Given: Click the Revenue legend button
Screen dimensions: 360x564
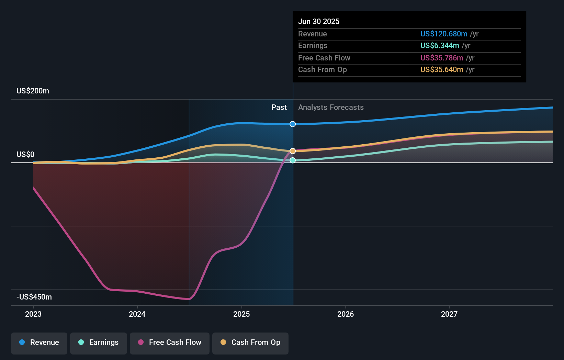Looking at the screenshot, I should click(39, 342).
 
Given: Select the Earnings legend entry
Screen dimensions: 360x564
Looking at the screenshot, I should click(99, 342).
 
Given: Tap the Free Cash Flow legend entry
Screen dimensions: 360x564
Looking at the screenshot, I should click(170, 342).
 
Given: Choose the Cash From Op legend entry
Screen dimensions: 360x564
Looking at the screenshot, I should click(250, 342).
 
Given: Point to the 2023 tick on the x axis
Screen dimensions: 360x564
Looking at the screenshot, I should click(33, 314).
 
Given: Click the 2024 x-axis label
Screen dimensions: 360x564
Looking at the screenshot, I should click(137, 314).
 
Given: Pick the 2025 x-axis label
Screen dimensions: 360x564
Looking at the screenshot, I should click(241, 314).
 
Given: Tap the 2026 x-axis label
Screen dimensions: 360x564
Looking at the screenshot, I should click(346, 314).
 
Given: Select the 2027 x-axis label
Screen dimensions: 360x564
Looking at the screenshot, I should click(449, 314).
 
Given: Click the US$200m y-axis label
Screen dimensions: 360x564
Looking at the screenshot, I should click(33, 91).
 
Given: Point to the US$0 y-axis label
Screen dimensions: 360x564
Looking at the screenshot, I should click(25, 155).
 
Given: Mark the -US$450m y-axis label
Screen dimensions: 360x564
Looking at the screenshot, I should click(34, 297).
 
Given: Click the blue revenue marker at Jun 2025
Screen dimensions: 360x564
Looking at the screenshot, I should click(293, 124).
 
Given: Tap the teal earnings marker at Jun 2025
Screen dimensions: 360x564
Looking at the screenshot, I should click(293, 160).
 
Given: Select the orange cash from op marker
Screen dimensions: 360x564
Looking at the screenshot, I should click(293, 151).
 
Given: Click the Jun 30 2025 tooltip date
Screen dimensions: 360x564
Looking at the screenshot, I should click(319, 22).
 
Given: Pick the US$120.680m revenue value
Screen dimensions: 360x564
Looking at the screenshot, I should click(444, 34).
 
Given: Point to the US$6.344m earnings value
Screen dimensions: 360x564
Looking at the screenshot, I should click(440, 46).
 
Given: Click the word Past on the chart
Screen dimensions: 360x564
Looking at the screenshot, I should click(279, 108).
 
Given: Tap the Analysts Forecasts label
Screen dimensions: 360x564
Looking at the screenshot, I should click(331, 108).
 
